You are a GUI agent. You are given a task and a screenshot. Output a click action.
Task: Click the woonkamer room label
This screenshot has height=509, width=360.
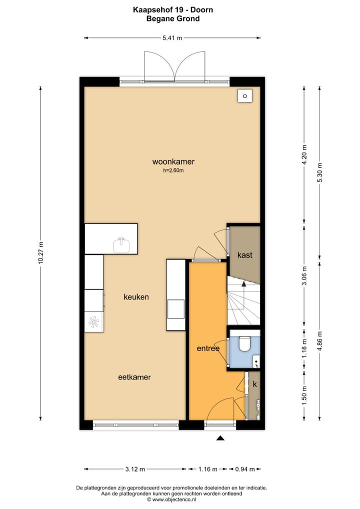tap(173, 162)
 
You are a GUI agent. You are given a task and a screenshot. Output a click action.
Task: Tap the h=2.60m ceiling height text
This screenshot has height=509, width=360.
tap(173, 170)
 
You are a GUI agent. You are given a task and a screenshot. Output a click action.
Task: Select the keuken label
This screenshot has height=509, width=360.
tap(136, 297)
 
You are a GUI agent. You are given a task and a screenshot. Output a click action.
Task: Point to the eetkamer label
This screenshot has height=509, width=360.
tap(134, 377)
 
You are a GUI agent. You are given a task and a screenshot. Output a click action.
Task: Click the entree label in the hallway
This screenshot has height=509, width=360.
tap(208, 348)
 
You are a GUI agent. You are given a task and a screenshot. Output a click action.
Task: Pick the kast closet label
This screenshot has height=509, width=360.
tap(244, 255)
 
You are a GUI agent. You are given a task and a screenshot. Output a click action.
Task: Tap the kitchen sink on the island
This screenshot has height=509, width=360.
tap(121, 245)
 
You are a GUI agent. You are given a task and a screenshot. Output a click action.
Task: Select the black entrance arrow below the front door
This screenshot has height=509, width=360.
tap(220, 438)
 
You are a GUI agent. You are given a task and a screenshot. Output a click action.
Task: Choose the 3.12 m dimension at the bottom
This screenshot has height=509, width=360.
tap(135, 469)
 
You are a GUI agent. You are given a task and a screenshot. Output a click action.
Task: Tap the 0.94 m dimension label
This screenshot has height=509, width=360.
tap(245, 469)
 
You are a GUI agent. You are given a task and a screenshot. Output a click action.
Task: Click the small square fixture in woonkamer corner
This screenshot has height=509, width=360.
tap(244, 96)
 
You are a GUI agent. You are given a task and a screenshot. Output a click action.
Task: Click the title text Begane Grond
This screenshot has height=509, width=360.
tap(172, 19)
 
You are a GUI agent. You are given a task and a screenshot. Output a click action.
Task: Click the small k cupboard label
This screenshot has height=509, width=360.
tap(254, 384)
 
